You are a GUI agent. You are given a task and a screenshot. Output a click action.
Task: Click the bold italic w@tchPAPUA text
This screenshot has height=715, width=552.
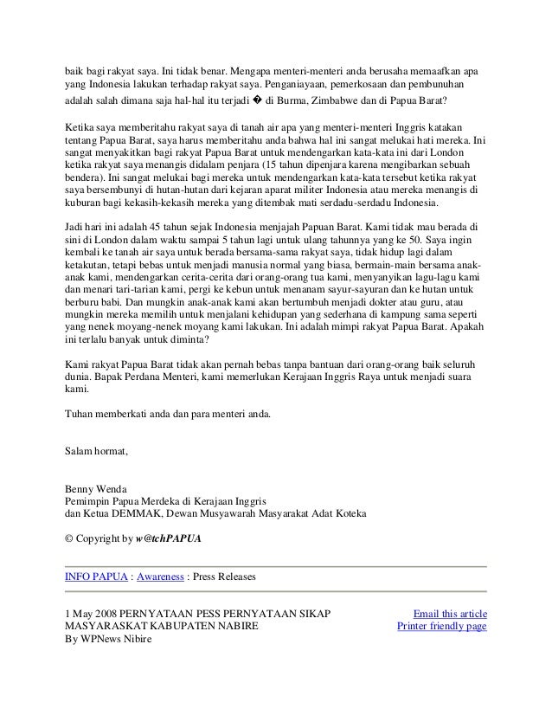tap(169, 538)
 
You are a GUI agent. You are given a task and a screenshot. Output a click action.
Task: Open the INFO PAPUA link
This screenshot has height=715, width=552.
tap(95, 575)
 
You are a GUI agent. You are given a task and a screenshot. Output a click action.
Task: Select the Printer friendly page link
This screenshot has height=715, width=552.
tap(441, 626)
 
